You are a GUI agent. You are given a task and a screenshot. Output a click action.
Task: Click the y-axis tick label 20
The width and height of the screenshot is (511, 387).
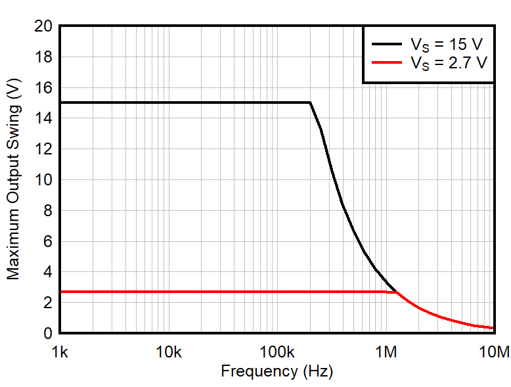tap(44, 26)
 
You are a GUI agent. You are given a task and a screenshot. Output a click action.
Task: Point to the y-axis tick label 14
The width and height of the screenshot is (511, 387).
tap(44, 118)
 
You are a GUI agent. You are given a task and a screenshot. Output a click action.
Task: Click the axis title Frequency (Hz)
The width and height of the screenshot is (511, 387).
tap(277, 371)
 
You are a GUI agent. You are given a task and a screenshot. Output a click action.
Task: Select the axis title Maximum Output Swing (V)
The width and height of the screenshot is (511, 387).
tap(14, 179)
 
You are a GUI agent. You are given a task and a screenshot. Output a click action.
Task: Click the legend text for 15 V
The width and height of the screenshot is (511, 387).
tap(447, 45)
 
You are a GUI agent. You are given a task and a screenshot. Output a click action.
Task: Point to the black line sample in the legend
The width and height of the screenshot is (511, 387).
tap(388, 45)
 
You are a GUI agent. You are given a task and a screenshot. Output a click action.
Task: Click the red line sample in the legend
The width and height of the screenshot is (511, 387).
tap(388, 63)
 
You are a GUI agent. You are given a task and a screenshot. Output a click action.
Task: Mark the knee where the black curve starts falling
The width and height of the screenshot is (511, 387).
tap(310, 102)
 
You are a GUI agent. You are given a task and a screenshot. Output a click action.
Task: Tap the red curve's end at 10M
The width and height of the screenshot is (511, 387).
tap(493, 328)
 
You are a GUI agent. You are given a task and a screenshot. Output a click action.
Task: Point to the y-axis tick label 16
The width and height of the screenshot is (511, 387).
tap(44, 87)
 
